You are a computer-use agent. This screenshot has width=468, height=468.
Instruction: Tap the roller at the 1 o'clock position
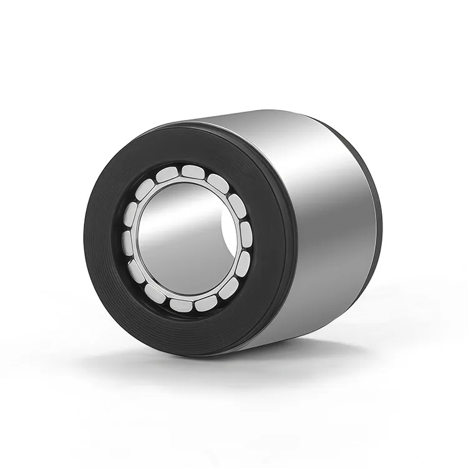click(217, 182)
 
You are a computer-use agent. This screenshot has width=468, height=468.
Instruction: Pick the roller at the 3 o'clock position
click(246, 235)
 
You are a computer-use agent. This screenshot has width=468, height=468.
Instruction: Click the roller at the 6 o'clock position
click(182, 305)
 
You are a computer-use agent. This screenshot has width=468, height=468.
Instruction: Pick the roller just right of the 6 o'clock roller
click(206, 303)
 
